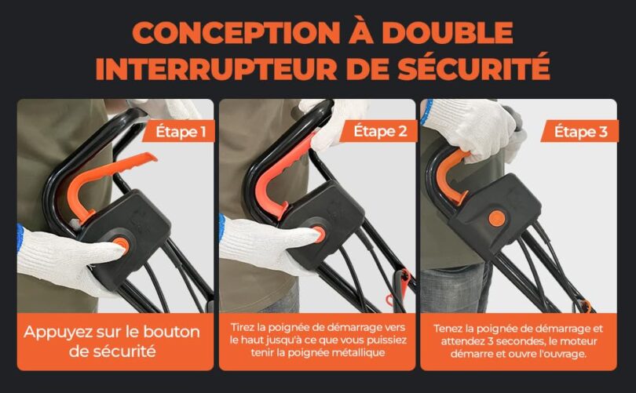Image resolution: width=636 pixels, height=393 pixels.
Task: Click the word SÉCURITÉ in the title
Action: point(477,68)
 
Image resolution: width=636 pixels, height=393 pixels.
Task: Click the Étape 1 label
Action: point(180,131)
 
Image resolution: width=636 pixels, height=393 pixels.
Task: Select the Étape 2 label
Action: point(381,131)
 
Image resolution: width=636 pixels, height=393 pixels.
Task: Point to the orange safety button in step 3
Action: point(496,218)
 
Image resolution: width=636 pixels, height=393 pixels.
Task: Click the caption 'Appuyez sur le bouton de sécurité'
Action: point(111,340)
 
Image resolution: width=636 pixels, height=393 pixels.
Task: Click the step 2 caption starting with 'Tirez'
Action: point(317,340)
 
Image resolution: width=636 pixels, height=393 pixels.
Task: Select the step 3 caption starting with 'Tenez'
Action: point(519,340)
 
